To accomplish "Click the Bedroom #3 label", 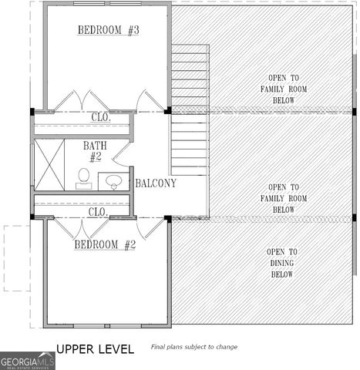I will (x=107, y=30).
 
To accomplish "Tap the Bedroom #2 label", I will (x=105, y=244).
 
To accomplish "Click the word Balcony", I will (x=156, y=183).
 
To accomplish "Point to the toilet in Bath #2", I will (x=84, y=177).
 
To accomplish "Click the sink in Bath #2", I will (x=115, y=182).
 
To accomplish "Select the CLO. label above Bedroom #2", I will (x=97, y=211).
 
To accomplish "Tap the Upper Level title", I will (x=95, y=349).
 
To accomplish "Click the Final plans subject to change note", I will (x=193, y=348).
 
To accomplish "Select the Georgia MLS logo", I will (x=27, y=361).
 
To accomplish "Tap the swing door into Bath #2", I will (x=122, y=153).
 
